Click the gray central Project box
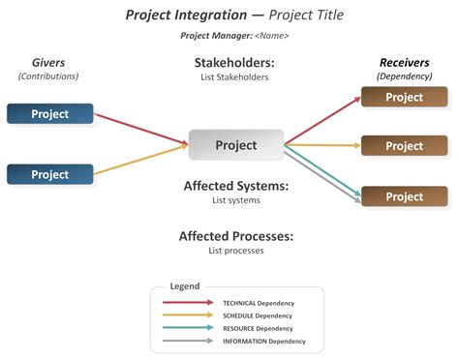[236, 145]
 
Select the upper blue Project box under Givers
[50, 114]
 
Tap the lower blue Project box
[50, 174]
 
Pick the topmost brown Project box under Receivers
[404, 97]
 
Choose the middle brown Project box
[404, 146]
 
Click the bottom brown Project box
[404, 196]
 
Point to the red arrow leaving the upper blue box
[140, 130]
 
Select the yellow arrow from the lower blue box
[140, 161]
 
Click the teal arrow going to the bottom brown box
[324, 174]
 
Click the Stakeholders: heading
[234, 63]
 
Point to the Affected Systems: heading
[236, 186]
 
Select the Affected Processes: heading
[236, 236]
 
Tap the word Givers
[48, 62]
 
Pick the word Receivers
[404, 62]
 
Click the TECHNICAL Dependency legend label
[258, 303]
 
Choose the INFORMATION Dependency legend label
[263, 341]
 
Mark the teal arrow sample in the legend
[189, 328]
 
